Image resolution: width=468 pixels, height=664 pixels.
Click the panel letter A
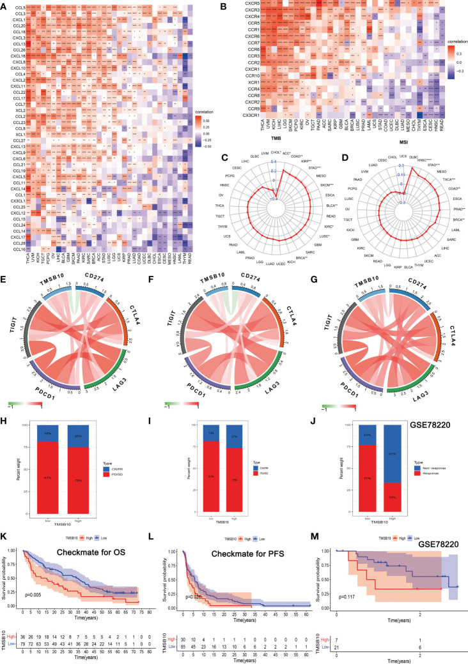pyautogui.click(x=4, y=4)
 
